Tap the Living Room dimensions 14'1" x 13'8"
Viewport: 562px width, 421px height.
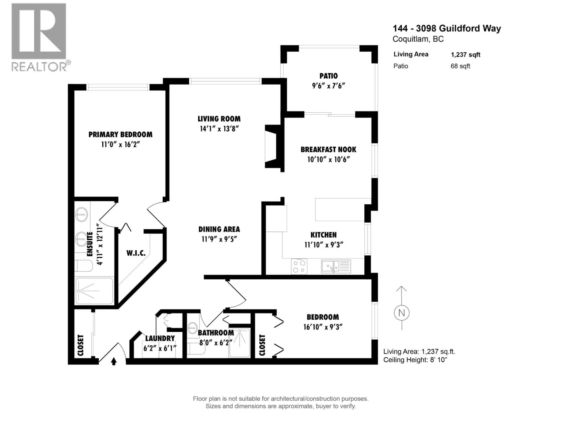pyautogui.click(x=219, y=129)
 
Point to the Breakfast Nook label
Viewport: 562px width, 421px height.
pyautogui.click(x=328, y=149)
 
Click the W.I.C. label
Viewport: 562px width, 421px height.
pyautogui.click(x=136, y=253)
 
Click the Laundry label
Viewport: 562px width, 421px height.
pyautogui.click(x=160, y=338)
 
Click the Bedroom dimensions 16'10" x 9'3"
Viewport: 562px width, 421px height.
pyautogui.click(x=323, y=327)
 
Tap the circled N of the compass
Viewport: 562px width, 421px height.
pyautogui.click(x=401, y=313)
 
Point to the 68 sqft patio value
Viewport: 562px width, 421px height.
pyautogui.click(x=460, y=66)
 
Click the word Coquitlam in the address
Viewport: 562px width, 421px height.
pyautogui.click(x=409, y=39)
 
